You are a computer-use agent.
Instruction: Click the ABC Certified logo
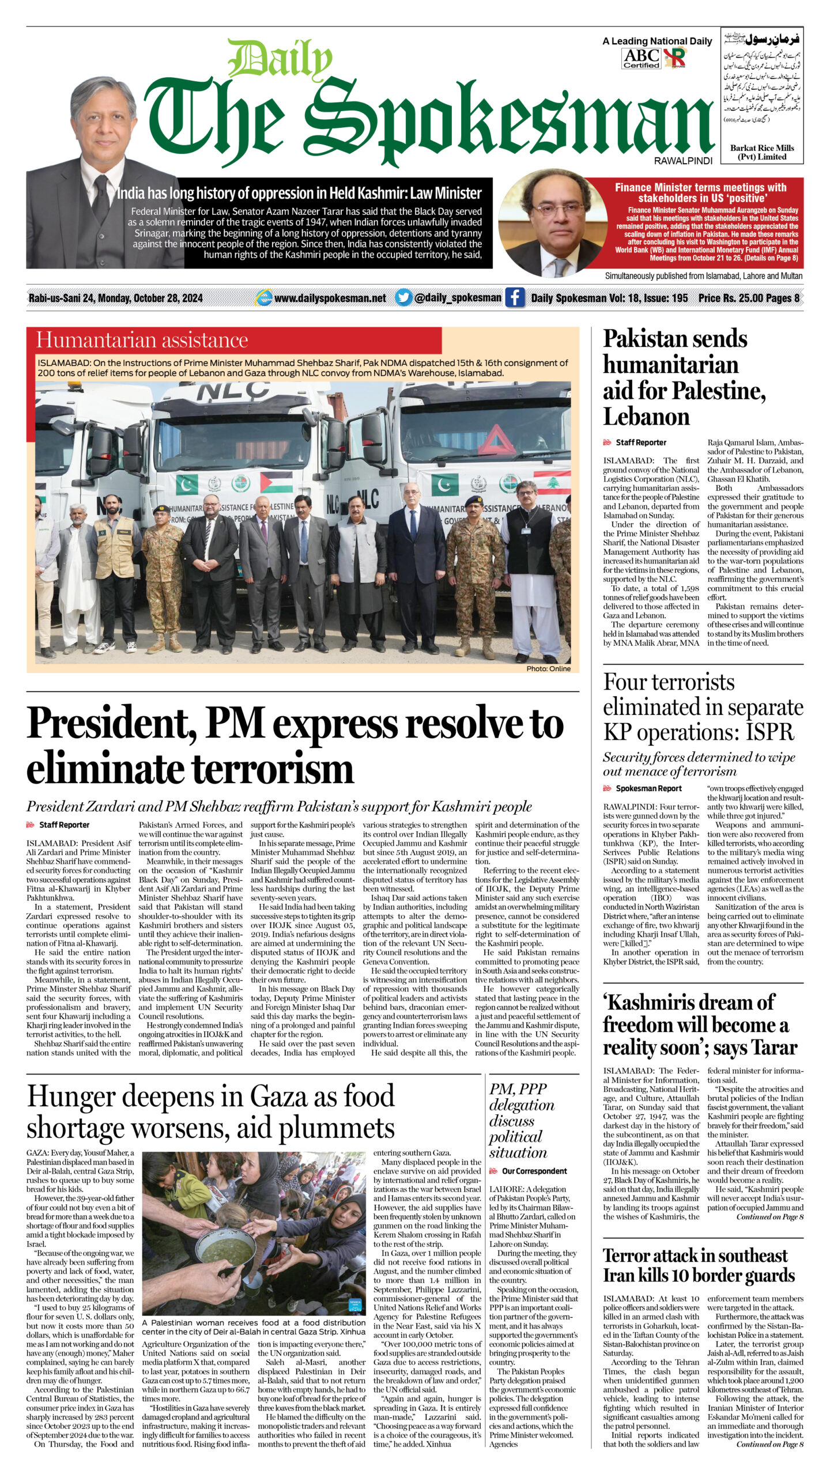tap(642, 58)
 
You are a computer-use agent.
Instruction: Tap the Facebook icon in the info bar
tap(515, 298)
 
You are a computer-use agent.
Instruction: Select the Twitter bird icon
tap(403, 298)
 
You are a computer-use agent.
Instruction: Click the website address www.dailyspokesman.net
tap(330, 298)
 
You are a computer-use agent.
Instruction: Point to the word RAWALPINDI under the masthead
tap(682, 161)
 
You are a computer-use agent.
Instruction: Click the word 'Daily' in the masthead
tap(280, 60)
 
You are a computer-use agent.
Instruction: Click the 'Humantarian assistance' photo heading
tap(142, 340)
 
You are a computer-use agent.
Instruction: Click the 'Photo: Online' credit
tap(548, 668)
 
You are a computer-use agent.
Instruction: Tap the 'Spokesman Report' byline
tap(648, 788)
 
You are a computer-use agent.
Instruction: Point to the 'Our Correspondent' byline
tap(534, 1171)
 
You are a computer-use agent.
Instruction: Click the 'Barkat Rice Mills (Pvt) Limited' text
tap(761, 152)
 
